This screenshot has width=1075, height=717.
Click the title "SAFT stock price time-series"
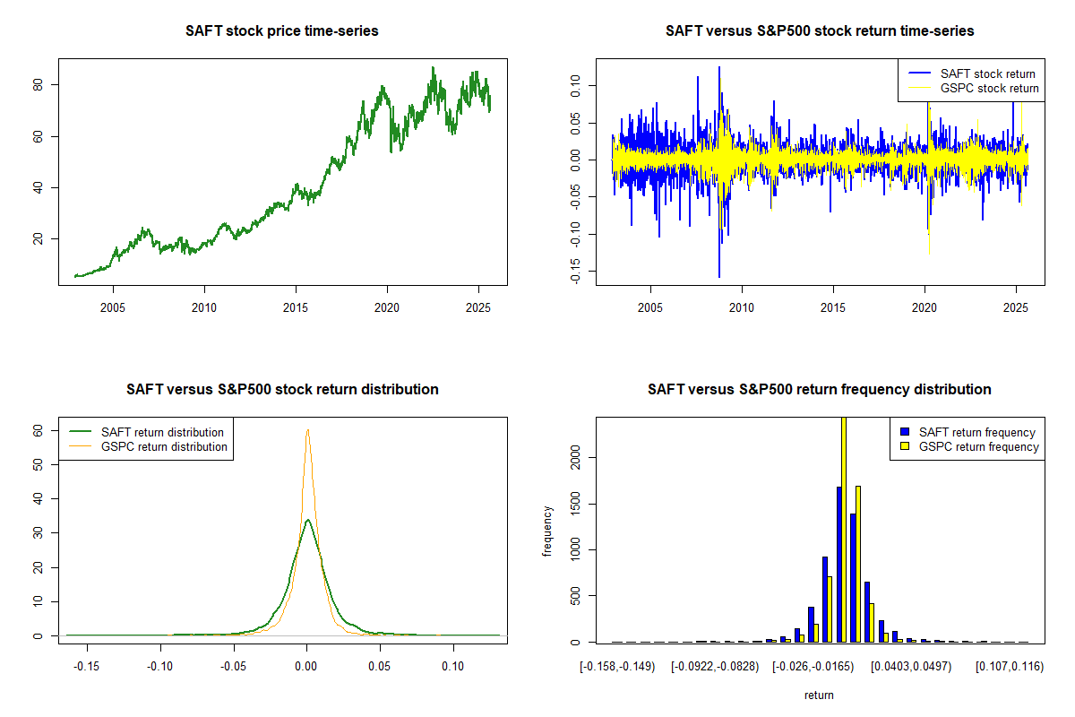[x=282, y=31]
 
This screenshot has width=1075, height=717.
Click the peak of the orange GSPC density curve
[x=307, y=430]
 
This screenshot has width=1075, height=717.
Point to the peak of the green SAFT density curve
[x=307, y=520]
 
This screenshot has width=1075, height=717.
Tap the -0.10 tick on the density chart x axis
[x=160, y=667]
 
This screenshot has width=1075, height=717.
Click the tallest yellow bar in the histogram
[x=843, y=529]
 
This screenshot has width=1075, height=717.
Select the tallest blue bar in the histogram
[x=838, y=565]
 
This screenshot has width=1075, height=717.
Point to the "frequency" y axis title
[x=547, y=531]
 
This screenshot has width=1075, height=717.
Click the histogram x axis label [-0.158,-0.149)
[x=618, y=667]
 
